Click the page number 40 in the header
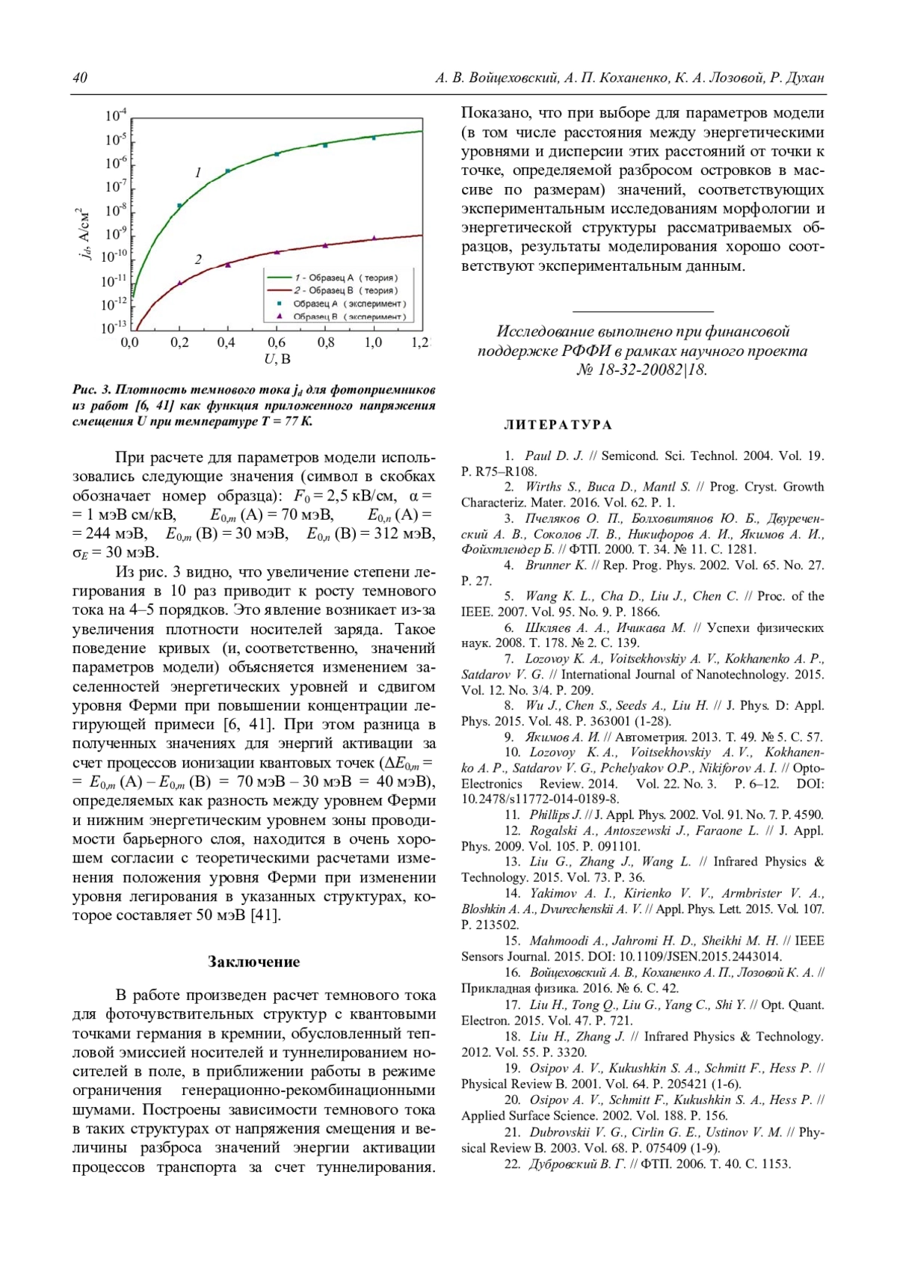coord(80,78)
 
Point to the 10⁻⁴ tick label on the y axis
coord(116,115)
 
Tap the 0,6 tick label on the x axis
coord(277,343)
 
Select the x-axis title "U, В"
coord(277,360)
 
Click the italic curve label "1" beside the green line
coord(198,173)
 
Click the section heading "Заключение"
coord(253,962)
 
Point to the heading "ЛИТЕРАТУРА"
coord(558,425)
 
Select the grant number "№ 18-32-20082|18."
coord(641,369)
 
